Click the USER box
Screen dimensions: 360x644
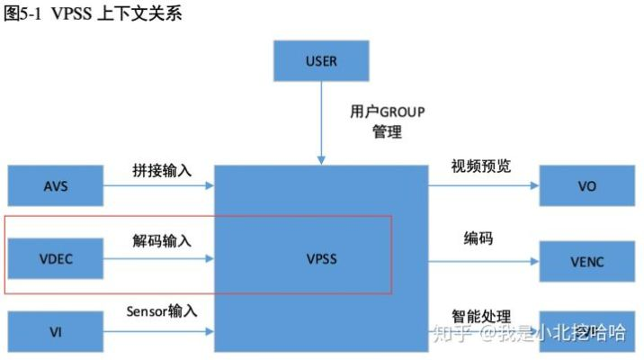point(321,62)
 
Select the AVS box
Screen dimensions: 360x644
point(55,187)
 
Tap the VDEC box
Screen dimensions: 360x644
point(55,259)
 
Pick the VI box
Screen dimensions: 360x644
point(55,332)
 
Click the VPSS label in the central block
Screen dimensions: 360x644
point(321,259)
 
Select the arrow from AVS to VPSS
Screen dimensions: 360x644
point(158,187)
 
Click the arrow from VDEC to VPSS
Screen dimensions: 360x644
point(158,259)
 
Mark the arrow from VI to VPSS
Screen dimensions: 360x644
point(158,332)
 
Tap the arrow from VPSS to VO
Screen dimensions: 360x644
point(483,187)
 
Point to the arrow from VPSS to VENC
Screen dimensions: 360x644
point(483,261)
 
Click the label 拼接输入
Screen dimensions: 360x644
point(160,169)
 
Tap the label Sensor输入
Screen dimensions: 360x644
point(162,311)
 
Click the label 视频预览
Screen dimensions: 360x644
point(481,166)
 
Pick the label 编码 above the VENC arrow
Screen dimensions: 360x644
point(479,238)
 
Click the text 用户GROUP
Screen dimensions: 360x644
point(387,112)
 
